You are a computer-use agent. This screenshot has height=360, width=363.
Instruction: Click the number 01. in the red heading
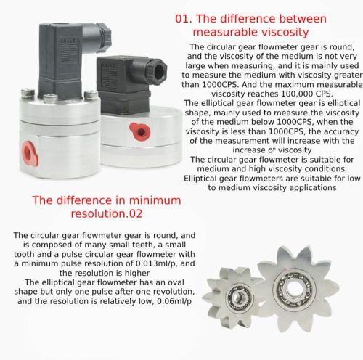point(184,19)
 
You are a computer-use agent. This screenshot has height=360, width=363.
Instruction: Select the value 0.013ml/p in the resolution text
point(157,263)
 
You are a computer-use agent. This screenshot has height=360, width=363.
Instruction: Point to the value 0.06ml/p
point(174,301)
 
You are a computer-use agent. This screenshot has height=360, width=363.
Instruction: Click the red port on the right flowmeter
point(140,131)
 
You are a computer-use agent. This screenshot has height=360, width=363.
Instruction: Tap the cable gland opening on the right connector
point(160,72)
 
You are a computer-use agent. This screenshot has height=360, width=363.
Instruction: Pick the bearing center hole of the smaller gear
point(239,297)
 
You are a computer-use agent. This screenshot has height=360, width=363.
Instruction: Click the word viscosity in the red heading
point(282,32)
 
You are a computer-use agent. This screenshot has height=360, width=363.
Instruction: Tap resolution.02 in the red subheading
point(107,213)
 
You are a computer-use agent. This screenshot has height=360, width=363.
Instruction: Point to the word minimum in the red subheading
point(155,200)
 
